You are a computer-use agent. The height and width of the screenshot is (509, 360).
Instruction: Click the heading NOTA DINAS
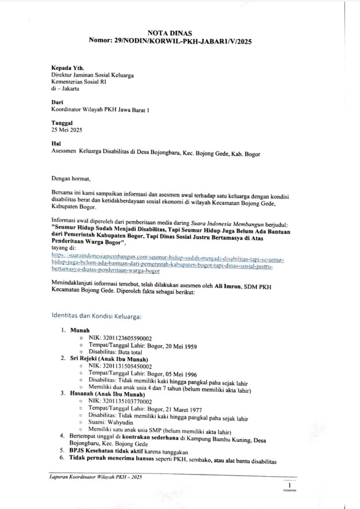180,33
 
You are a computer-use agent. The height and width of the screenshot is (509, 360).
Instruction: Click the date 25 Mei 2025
67,130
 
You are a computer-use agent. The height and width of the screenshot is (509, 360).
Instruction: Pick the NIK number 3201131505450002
123,366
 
